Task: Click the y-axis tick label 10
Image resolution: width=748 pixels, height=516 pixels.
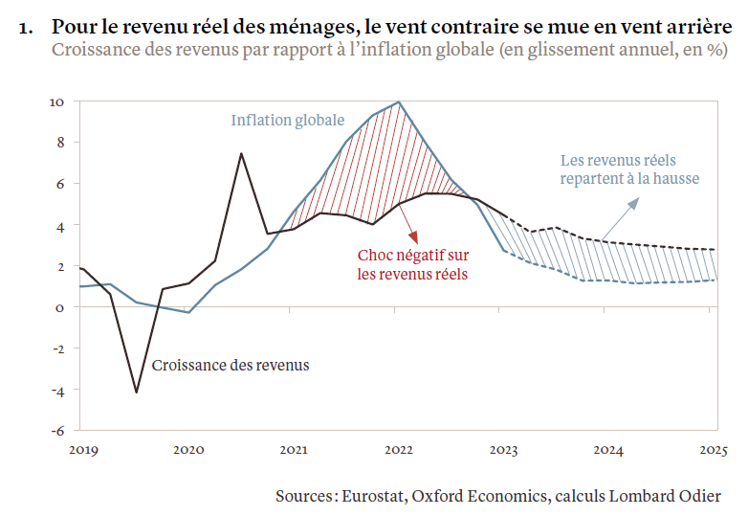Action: click(x=56, y=101)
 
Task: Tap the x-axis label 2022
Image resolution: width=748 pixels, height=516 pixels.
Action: click(x=398, y=448)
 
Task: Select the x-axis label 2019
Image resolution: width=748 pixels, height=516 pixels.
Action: click(x=82, y=448)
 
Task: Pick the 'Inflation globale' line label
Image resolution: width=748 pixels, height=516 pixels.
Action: click(x=287, y=121)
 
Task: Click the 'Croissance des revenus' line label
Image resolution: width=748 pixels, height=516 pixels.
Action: click(x=231, y=365)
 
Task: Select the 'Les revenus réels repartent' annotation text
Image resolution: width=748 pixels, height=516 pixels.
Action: click(x=629, y=169)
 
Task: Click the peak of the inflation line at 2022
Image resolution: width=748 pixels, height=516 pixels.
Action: click(x=399, y=101)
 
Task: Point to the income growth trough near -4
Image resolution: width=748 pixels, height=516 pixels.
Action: click(x=136, y=392)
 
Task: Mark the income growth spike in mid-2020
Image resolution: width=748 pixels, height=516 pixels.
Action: click(x=241, y=153)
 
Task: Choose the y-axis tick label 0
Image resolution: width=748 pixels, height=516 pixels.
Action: click(x=60, y=307)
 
